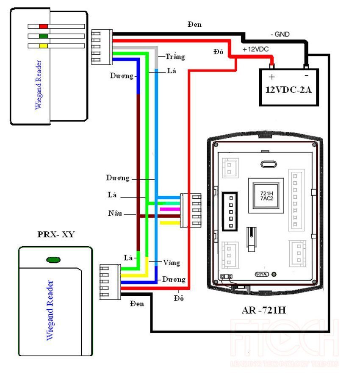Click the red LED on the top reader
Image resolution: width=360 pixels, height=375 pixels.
point(43,26)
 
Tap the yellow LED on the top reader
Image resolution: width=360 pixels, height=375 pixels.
point(43,45)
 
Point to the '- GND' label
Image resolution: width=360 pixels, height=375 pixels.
point(280,34)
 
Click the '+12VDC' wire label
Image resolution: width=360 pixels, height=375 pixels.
point(255,49)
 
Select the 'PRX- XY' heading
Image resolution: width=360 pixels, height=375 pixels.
point(56,234)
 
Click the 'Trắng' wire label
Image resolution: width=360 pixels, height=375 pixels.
point(175,56)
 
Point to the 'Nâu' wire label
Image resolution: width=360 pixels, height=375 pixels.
point(115,213)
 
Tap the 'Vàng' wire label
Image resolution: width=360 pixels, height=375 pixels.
point(171,263)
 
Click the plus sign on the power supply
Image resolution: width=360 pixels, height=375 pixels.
point(272,77)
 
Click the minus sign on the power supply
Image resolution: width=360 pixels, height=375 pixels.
point(306,76)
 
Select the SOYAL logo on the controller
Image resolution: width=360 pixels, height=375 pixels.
point(261,274)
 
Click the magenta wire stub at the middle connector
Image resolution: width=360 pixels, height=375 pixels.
point(166,209)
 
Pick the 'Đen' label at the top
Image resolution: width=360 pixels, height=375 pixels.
point(194,25)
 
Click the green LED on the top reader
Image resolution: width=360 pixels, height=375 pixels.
point(43,36)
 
